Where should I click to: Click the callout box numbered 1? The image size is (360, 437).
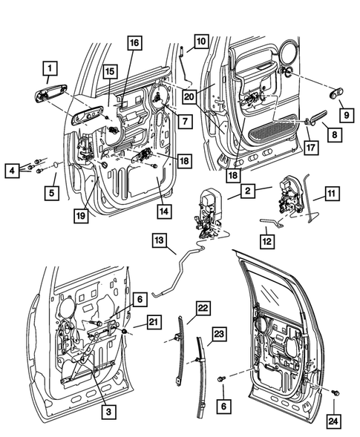point(48,71)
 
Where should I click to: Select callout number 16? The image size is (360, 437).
point(133,44)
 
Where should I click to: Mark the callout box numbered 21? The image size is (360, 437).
point(153,321)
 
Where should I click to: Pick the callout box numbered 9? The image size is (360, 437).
point(345,115)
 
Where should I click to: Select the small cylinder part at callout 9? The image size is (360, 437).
point(336,93)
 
